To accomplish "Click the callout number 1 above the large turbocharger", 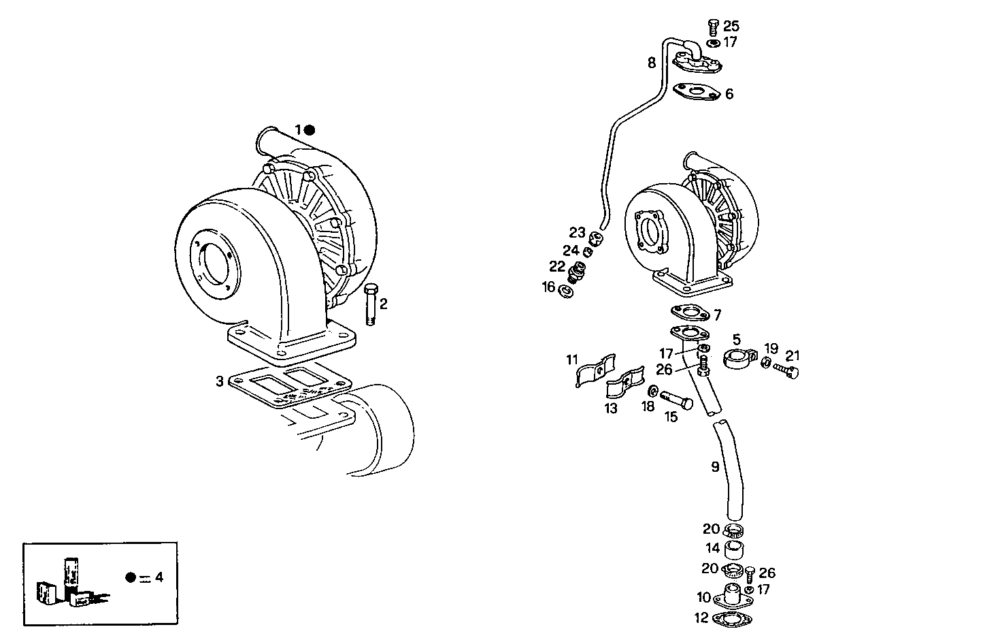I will pos(297,129).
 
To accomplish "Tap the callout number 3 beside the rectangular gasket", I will pos(219,381).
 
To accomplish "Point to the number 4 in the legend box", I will pos(159,577).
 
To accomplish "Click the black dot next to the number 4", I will pos(131,577).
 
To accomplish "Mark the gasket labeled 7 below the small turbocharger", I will pos(689,312).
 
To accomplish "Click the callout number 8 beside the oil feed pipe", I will pos(651,63).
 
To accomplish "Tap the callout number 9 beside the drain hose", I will pos(715,467).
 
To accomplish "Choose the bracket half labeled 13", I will pos(625,385).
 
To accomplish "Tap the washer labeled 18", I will pos(652,391).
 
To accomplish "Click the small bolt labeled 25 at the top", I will pos(712,27).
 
